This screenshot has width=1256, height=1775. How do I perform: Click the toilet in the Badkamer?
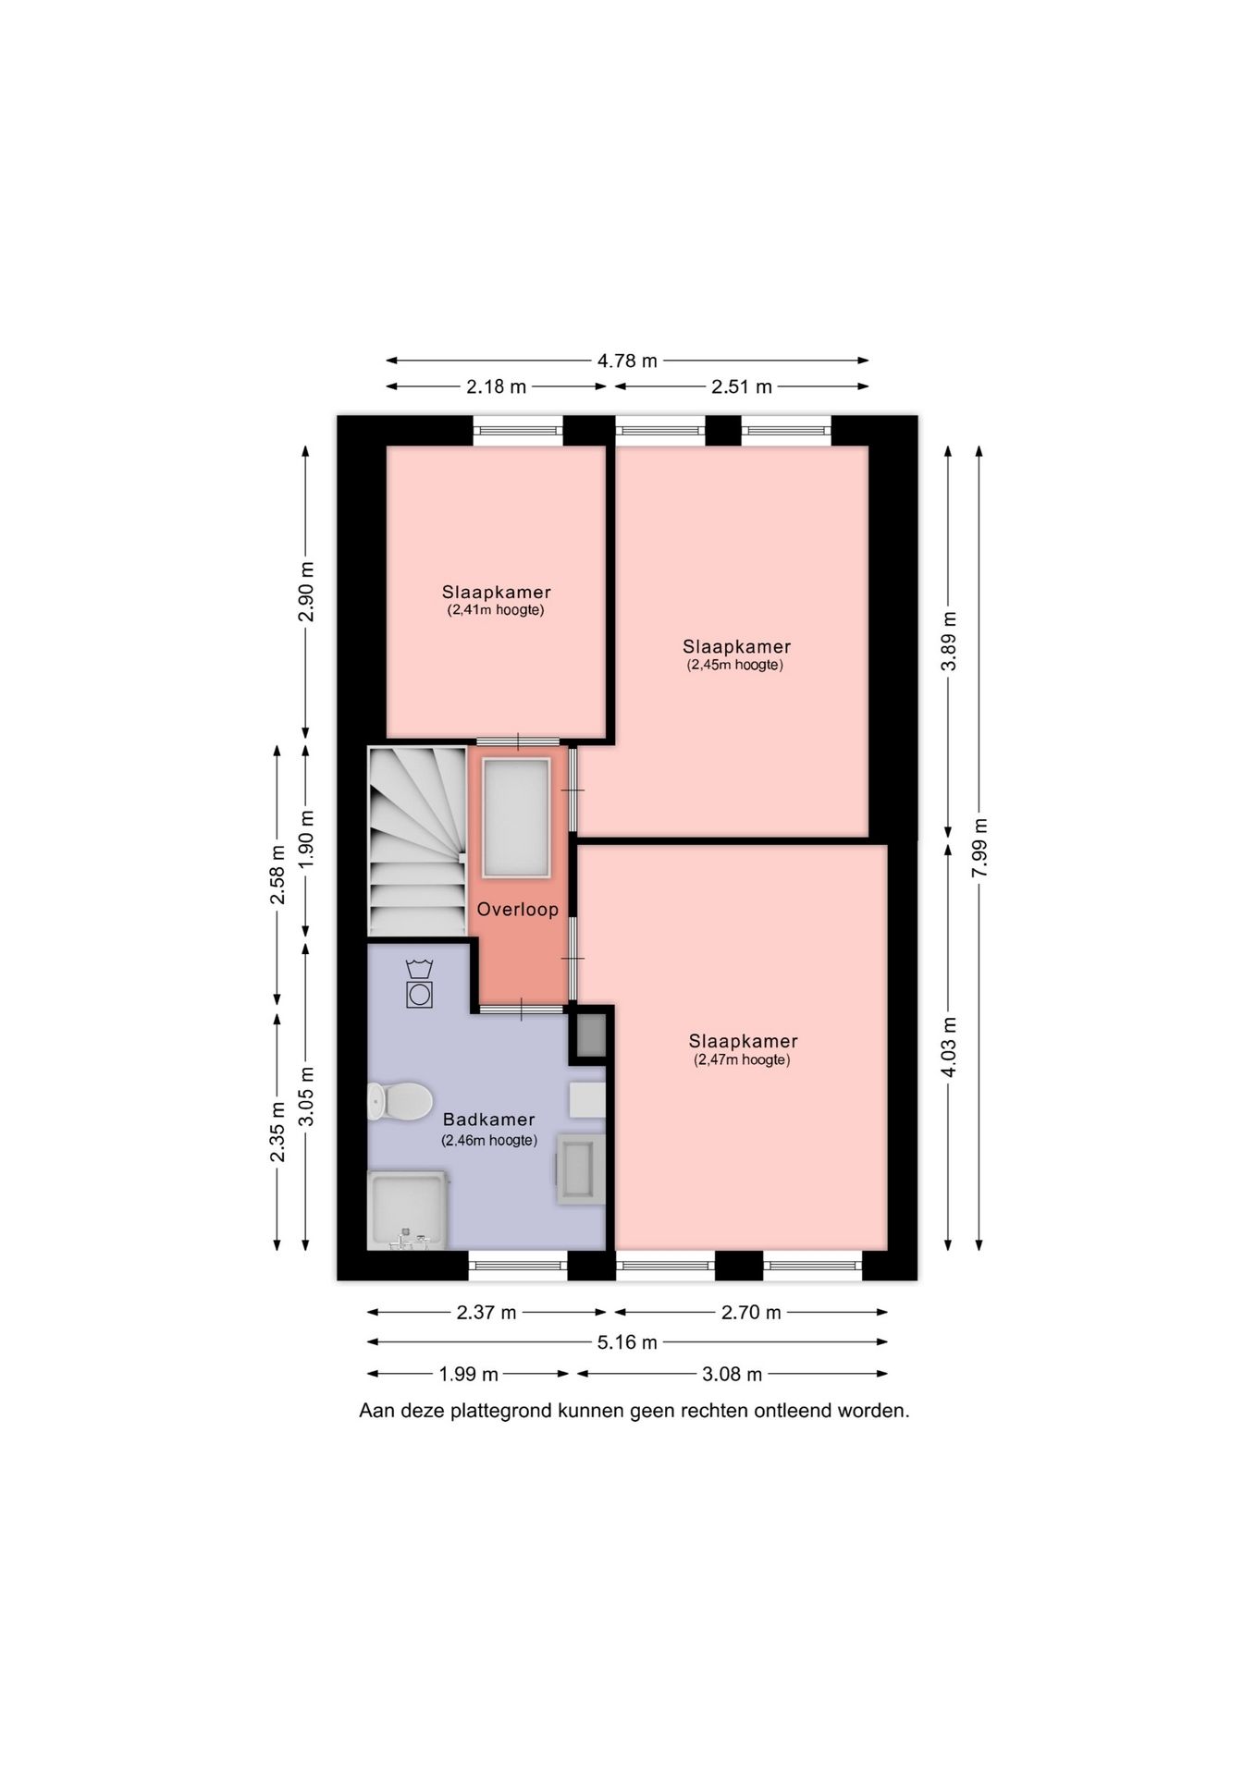pos(400,1101)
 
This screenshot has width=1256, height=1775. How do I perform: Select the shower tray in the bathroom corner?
pos(407,1210)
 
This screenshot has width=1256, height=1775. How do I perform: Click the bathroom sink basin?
pos(581,1169)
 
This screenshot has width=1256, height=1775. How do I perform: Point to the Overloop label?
pos(518,910)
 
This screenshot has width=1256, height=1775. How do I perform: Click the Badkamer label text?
pos(488,1120)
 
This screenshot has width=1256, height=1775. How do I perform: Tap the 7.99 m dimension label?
pos(980,849)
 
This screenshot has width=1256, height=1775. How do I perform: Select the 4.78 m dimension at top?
pos(627,361)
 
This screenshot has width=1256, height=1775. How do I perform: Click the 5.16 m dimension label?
pos(627,1342)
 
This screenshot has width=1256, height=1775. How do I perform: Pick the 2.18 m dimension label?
pos(496,386)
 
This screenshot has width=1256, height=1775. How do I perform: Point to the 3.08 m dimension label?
pos(733,1375)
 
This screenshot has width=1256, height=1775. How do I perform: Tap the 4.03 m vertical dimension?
pos(948,1047)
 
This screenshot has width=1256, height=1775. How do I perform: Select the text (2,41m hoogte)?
pos(496,610)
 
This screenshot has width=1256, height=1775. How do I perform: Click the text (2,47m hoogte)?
pos(742,1060)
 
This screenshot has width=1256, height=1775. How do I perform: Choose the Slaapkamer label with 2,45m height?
pos(737,647)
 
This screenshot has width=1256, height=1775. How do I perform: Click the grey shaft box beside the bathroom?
pos(591,1035)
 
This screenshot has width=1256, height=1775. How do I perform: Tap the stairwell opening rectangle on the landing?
pos(516,817)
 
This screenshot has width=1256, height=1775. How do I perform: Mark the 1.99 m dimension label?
pos(469,1375)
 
